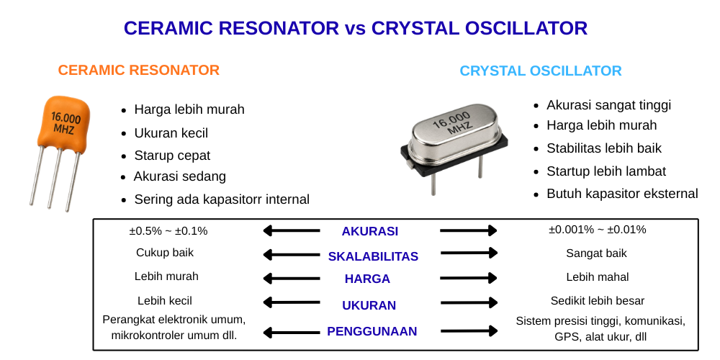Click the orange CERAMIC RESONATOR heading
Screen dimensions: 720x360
[139, 71]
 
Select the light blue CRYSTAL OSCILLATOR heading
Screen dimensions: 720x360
[541, 71]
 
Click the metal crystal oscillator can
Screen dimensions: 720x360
[452, 134]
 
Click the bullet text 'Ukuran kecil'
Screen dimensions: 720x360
[171, 133]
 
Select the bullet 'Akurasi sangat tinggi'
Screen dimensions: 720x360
[608, 105]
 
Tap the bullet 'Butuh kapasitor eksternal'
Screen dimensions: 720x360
[622, 194]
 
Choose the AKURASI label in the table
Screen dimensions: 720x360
[369, 231]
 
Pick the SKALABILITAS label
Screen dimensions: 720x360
[373, 257]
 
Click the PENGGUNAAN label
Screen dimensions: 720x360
[372, 331]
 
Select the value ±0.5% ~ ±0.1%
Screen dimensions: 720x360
[168, 231]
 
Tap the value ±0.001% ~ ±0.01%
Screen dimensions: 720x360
[597, 230]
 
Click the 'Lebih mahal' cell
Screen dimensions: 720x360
[598, 277]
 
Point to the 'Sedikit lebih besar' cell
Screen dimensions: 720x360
[598, 301]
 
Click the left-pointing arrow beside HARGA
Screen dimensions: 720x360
[292, 278]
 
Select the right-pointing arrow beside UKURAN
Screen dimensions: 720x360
[469, 303]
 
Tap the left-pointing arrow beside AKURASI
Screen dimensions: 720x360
[292, 230]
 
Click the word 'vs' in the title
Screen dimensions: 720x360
[355, 29]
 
